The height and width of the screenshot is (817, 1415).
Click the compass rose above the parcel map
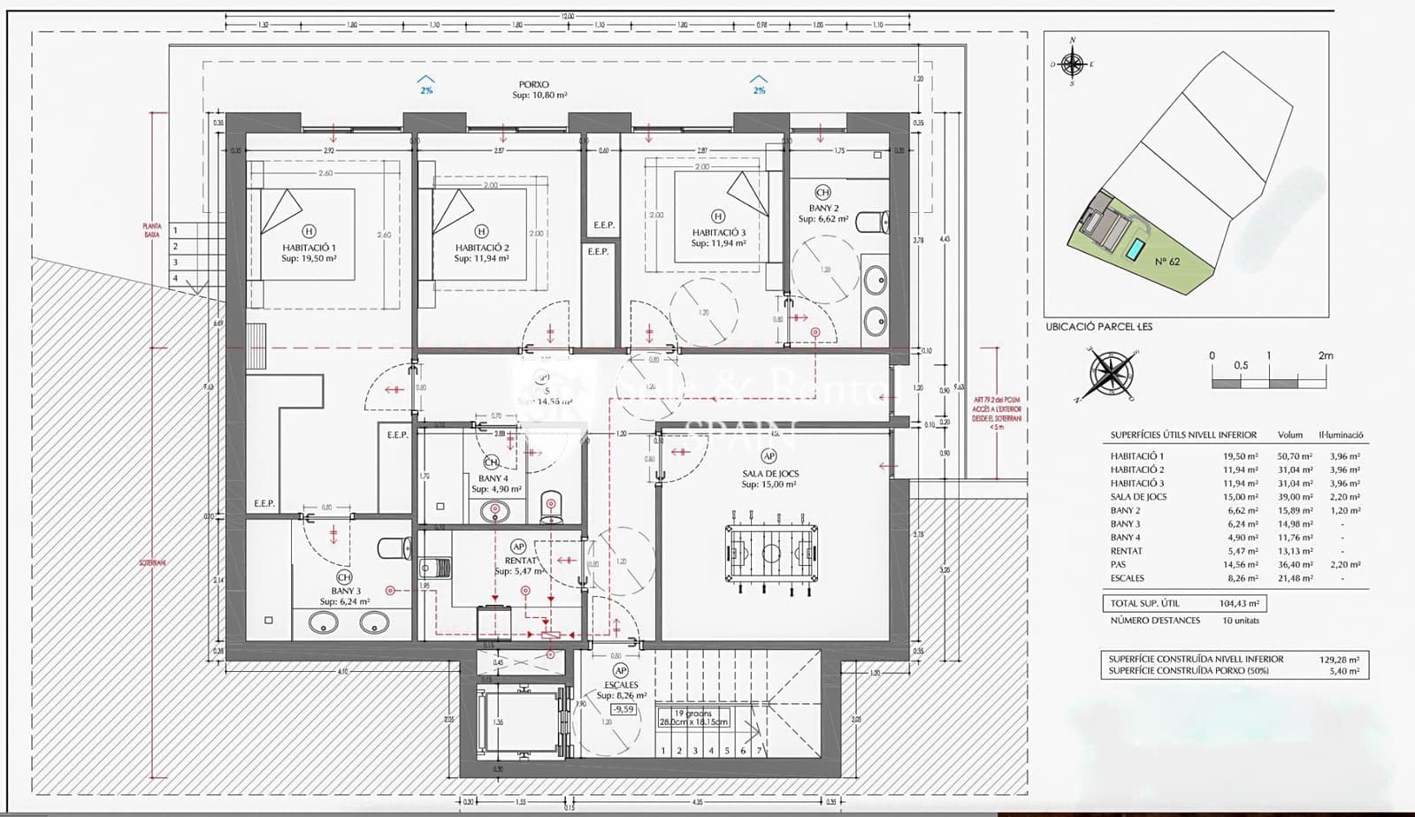tap(1072, 64)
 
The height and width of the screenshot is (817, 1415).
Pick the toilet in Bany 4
tap(551, 508)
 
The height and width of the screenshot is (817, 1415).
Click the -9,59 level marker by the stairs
tap(623, 709)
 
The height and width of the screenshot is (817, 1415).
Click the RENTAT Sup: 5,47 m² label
tap(519, 566)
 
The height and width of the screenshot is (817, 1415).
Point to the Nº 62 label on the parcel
tap(1166, 262)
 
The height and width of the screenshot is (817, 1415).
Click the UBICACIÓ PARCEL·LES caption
tap(1098, 326)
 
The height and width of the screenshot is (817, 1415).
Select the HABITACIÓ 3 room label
tap(718, 238)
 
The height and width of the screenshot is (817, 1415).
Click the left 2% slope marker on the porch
tap(426, 86)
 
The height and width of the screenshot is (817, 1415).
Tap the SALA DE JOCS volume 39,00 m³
tap(1295, 497)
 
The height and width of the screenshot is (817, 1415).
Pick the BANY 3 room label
tap(345, 596)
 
